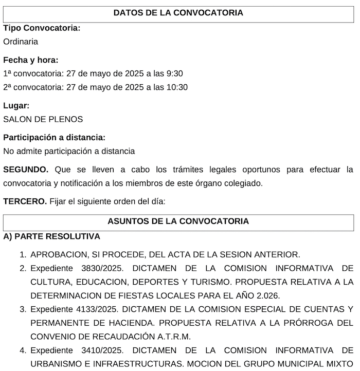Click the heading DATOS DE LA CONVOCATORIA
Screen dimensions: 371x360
178,12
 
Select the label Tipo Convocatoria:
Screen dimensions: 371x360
42,28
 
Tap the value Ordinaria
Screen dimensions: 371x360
21,42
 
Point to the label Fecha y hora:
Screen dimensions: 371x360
31,60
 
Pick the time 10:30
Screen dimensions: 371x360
176,87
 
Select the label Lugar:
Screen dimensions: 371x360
16,105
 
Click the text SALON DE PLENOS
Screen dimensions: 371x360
43,119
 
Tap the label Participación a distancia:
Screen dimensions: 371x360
55,138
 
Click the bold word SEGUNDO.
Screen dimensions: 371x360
26,169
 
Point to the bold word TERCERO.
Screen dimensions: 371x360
25,201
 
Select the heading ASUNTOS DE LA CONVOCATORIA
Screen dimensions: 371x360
178,221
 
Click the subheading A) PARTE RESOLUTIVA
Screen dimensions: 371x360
51,236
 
